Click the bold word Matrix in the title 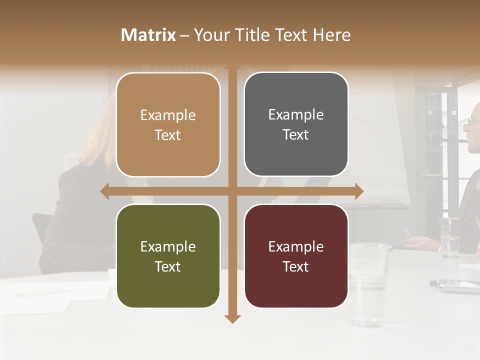[x=148, y=35]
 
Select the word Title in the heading [x=257, y=35]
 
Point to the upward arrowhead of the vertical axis [x=232, y=65]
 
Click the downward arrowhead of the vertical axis [x=232, y=318]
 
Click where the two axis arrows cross [x=232, y=191]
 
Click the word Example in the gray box [x=296, y=115]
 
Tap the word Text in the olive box [x=168, y=266]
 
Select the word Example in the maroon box [x=296, y=246]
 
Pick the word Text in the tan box [x=168, y=135]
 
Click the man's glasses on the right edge [x=473, y=121]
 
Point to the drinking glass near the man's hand [x=449, y=237]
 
